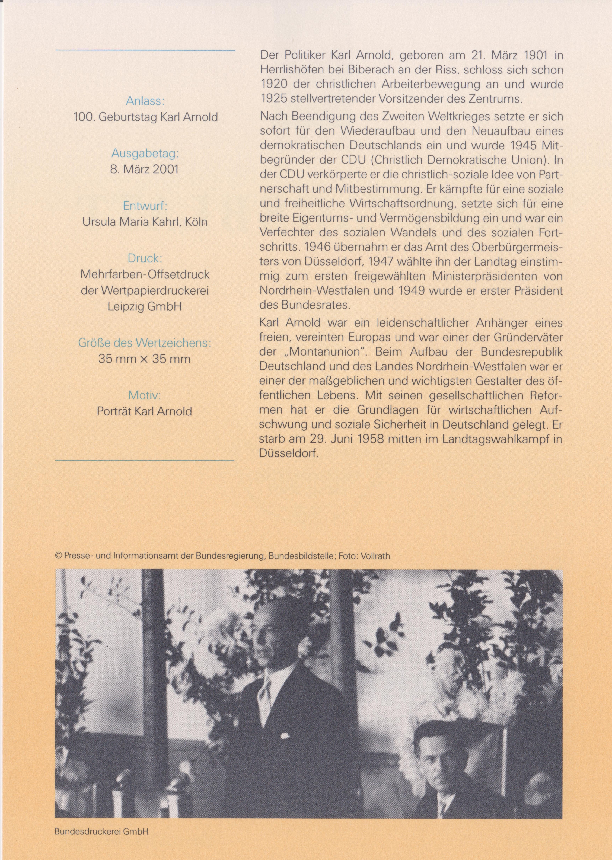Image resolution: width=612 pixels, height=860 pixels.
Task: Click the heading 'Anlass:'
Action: point(145,101)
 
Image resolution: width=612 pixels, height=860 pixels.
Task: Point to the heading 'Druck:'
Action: point(145,258)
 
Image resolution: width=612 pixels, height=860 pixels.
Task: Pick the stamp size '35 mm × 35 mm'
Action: point(144,359)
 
